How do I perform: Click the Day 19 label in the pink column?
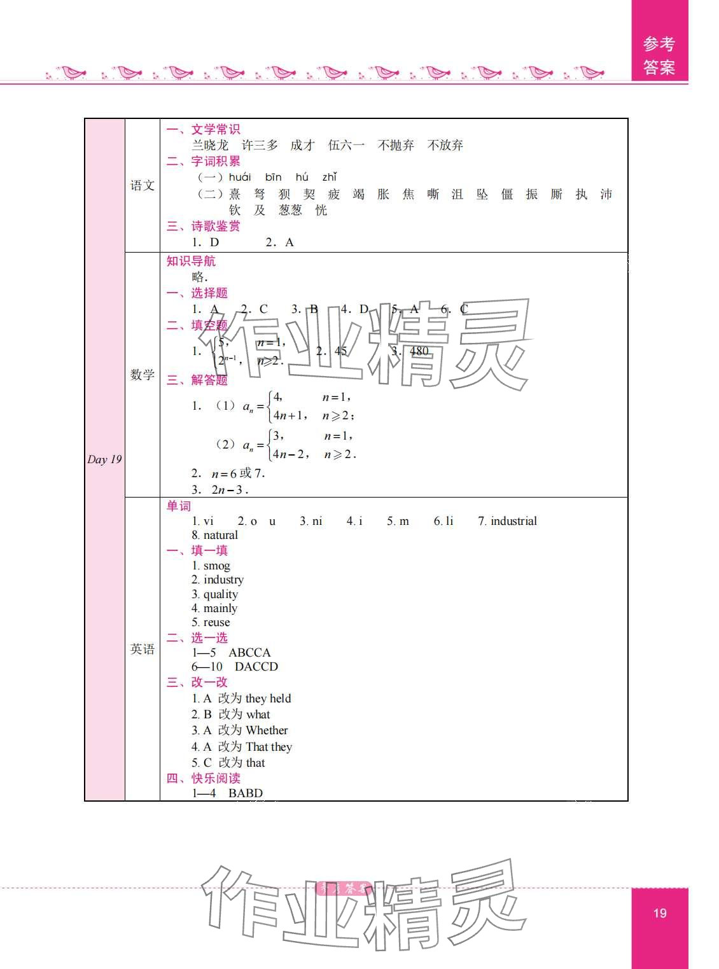pyautogui.click(x=104, y=459)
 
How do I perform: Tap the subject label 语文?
pyautogui.click(x=143, y=185)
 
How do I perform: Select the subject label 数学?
pyautogui.click(x=143, y=374)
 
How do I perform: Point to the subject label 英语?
pyautogui.click(x=143, y=649)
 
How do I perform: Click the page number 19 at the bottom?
pyautogui.click(x=660, y=913)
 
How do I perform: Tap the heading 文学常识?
pyautogui.click(x=216, y=129)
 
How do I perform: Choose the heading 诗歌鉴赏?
pyautogui.click(x=216, y=226)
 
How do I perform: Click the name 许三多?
pyautogui.click(x=260, y=145)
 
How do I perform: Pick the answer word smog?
pyautogui.click(x=216, y=566)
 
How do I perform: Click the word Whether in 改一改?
pyautogui.click(x=267, y=730)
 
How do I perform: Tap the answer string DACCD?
pyautogui.click(x=256, y=667)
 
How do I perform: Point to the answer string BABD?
pyautogui.click(x=246, y=793)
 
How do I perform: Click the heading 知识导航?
pyautogui.click(x=191, y=261)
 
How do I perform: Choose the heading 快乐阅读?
pyautogui.click(x=216, y=778)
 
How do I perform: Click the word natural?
pyautogui.click(x=220, y=535)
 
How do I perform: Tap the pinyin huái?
pyautogui.click(x=240, y=177)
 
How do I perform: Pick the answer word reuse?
pyautogui.click(x=216, y=622)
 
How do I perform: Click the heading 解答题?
pyautogui.click(x=209, y=380)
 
